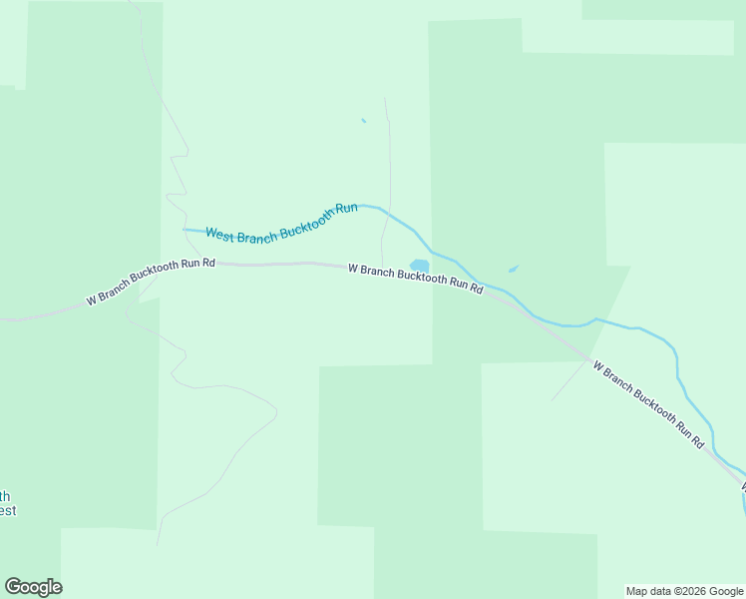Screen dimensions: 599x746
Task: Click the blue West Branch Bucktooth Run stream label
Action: (x=281, y=221)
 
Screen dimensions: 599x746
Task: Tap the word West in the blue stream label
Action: (x=222, y=233)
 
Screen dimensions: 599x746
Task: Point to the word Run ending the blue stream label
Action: (x=346, y=209)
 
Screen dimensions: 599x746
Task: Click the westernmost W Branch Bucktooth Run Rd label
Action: (x=151, y=281)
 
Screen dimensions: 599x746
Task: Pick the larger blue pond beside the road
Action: (x=420, y=266)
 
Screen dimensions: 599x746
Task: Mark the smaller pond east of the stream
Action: (x=513, y=269)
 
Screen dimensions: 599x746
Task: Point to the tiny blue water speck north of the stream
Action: (x=363, y=121)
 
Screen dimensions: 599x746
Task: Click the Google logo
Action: (x=33, y=587)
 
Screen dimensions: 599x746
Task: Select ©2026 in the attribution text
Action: (x=687, y=591)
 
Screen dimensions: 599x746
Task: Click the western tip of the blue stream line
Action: (x=184, y=230)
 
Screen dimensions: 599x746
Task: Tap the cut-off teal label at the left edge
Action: (x=7, y=503)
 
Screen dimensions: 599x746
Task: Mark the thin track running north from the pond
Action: (x=388, y=170)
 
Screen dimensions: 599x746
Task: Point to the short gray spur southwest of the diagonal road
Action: (x=569, y=380)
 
